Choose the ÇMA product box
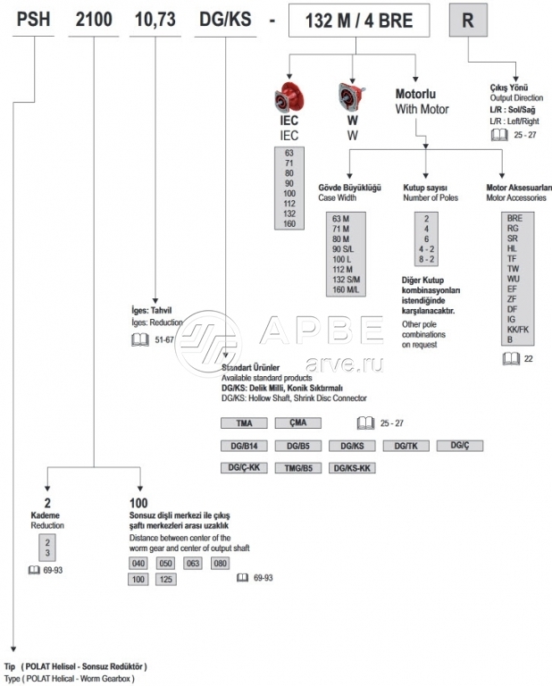[297, 422]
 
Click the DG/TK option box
[406, 446]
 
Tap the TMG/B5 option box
[297, 467]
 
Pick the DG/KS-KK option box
[354, 467]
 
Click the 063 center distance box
[193, 564]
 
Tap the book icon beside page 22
[509, 358]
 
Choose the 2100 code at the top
[96, 19]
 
